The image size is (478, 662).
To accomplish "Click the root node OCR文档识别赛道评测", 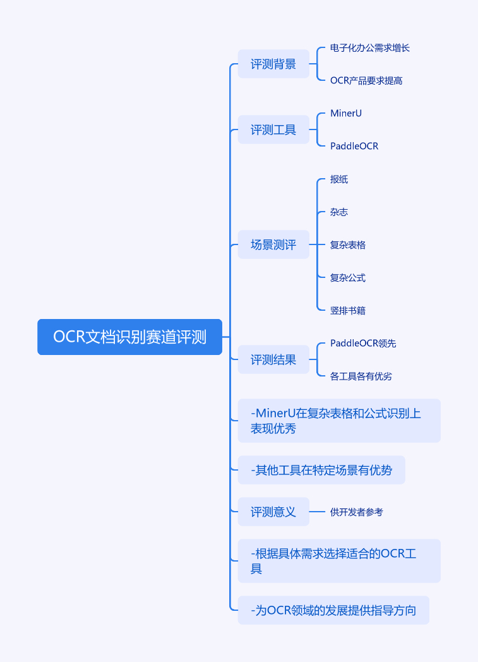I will click(129, 337).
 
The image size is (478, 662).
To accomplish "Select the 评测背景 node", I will click(273, 64).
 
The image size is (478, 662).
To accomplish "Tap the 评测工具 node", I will click(273, 130).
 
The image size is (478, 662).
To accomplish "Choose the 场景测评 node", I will click(273, 245).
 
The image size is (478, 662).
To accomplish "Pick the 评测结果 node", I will click(273, 360).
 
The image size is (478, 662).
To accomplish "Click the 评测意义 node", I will click(273, 512).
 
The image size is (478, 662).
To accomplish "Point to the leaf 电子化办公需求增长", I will click(370, 48).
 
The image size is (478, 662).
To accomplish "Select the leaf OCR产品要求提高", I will click(366, 81).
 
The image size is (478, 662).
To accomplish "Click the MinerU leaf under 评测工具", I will click(346, 114).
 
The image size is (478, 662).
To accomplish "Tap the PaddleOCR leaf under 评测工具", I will click(354, 147).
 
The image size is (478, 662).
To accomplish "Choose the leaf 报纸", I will click(339, 179).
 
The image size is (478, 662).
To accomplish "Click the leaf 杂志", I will click(339, 212).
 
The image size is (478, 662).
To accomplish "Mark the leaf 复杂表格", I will click(348, 245).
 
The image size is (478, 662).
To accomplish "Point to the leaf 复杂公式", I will click(348, 278).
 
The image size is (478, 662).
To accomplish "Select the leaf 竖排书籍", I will click(348, 311).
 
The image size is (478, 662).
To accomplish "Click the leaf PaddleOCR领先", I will click(363, 344).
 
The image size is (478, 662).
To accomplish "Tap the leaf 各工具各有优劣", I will click(361, 376).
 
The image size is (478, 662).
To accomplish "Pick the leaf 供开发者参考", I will click(357, 512).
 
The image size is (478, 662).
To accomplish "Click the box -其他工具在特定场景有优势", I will click(321, 470).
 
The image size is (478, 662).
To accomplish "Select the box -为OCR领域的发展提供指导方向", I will click(333, 610).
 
